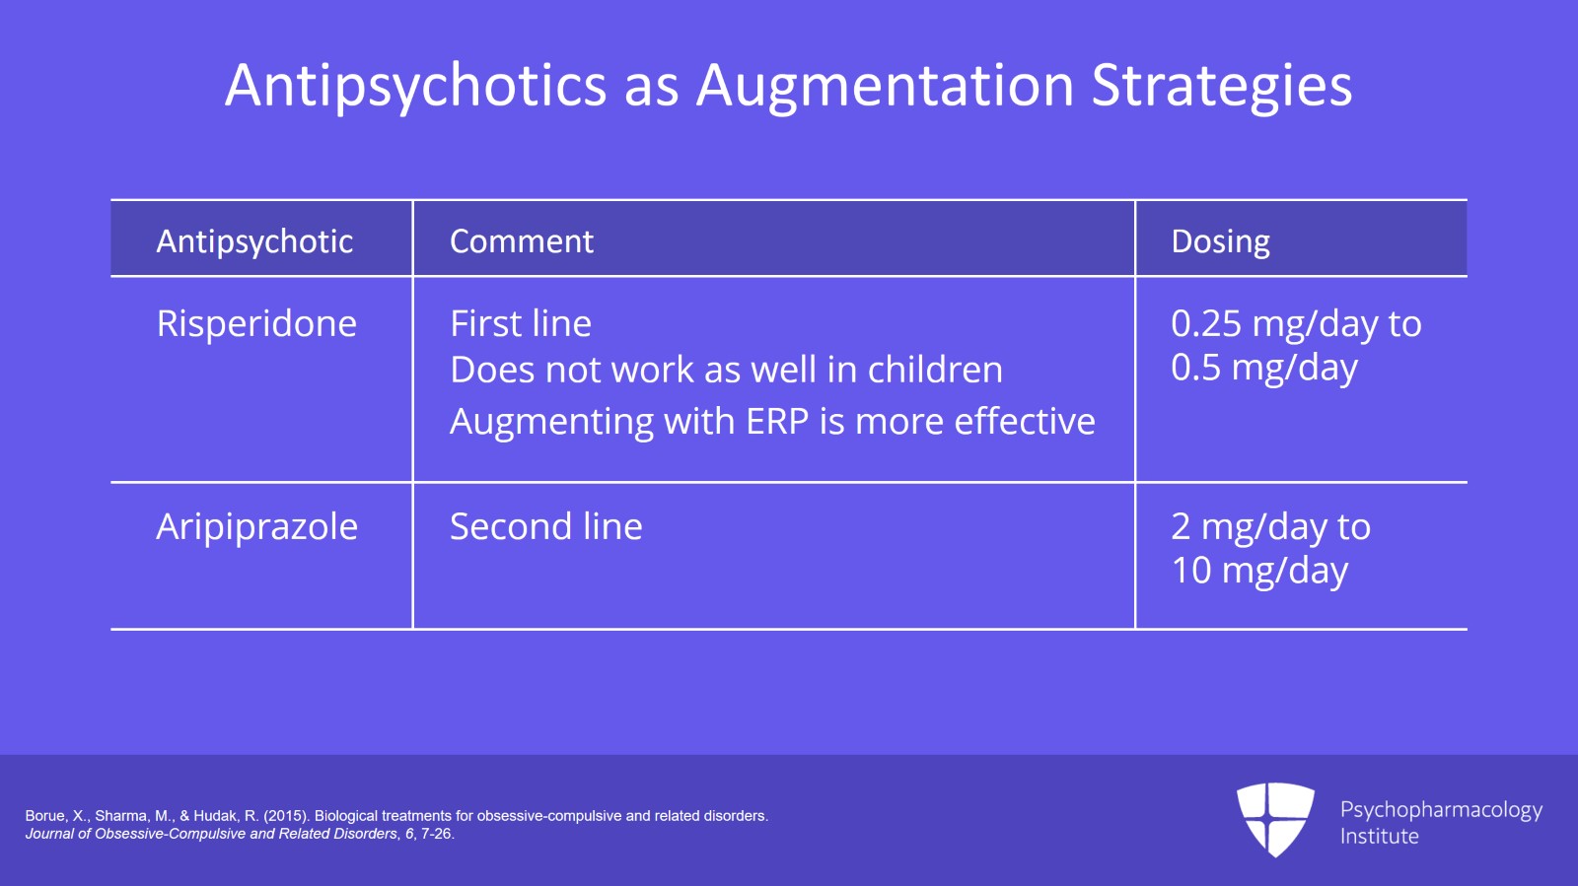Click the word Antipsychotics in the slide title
click(x=415, y=86)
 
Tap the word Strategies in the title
click(x=1221, y=86)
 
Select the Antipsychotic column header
click(x=254, y=241)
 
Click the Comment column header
click(x=521, y=241)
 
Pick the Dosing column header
click(x=1220, y=241)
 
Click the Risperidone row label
click(x=256, y=324)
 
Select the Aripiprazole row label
click(x=256, y=527)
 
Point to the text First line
click(x=520, y=324)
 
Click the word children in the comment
click(x=935, y=371)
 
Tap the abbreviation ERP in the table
click(x=777, y=422)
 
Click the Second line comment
click(x=545, y=527)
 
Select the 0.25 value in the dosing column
click(x=1205, y=324)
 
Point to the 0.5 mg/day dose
click(x=1263, y=369)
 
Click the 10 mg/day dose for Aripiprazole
click(x=1258, y=572)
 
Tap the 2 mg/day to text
click(x=1269, y=527)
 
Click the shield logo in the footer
click(x=1275, y=819)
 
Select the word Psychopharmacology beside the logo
click(x=1440, y=810)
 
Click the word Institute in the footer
click(x=1379, y=837)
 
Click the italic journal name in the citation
click(x=211, y=834)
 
